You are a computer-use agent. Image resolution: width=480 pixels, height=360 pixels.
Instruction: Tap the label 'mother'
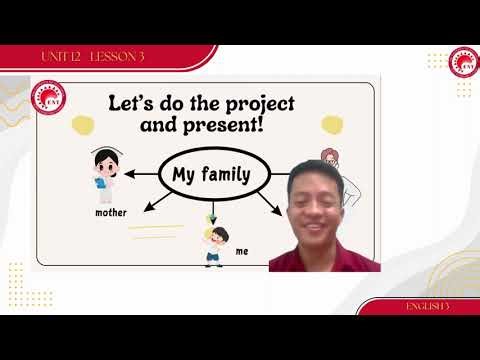click(111, 213)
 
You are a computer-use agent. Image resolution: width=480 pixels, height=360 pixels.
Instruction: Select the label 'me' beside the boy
click(241, 252)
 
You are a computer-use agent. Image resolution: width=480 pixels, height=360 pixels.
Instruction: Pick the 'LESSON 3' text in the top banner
click(116, 55)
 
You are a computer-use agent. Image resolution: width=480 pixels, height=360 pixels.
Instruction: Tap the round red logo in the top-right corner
click(464, 62)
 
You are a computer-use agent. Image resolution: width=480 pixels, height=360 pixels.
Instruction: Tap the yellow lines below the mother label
click(158, 232)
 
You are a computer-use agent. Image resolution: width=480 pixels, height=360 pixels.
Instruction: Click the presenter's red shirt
click(320, 258)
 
